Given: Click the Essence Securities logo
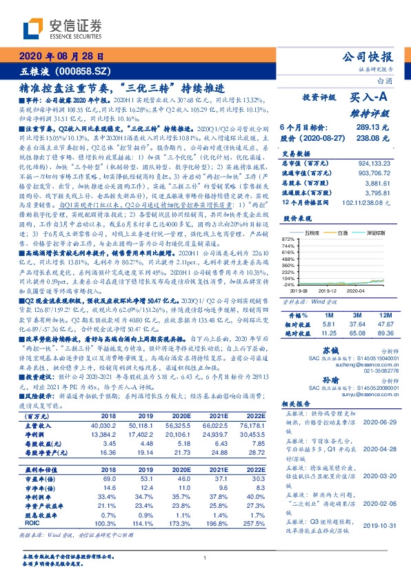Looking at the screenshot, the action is pos(63,28).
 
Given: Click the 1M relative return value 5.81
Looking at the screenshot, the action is pos(328,323).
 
